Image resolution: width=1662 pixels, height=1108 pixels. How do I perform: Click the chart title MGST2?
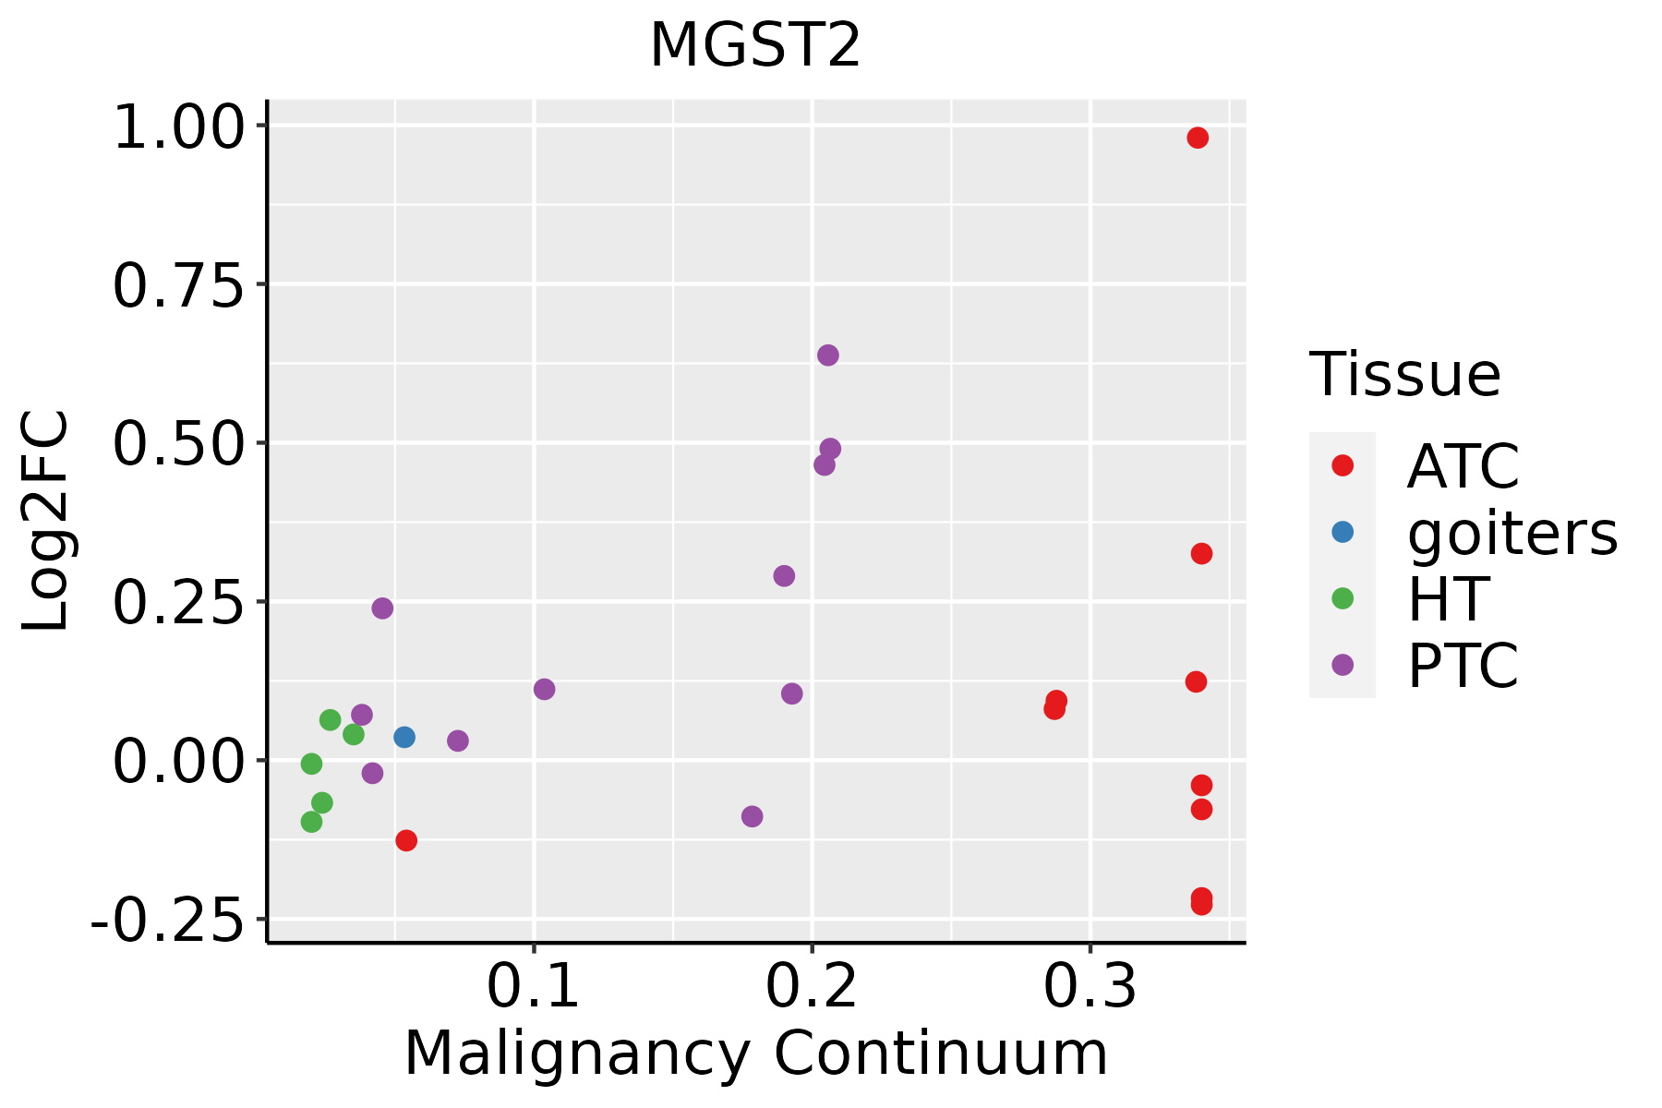click(x=755, y=46)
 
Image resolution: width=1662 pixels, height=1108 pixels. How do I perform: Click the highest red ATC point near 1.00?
click(x=1198, y=138)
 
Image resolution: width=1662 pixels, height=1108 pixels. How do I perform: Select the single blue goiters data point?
click(x=404, y=737)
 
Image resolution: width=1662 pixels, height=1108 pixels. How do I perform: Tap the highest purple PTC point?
click(x=828, y=355)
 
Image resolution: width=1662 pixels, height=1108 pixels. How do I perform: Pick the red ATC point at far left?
click(x=406, y=840)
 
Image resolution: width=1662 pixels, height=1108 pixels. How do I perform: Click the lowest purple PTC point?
click(x=753, y=816)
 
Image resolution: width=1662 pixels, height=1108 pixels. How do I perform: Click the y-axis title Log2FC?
click(x=46, y=522)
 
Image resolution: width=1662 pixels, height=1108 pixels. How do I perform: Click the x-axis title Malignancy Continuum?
click(x=755, y=1054)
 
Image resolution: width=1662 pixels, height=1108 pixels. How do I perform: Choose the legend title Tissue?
click(x=1404, y=375)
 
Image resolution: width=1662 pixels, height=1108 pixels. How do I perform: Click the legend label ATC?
click(x=1463, y=466)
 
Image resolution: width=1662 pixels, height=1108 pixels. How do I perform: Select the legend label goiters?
click(x=1511, y=533)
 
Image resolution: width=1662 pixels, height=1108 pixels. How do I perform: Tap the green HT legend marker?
click(x=1343, y=598)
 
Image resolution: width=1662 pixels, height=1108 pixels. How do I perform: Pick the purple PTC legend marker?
click(x=1343, y=665)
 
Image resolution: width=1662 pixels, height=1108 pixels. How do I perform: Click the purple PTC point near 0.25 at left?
click(x=382, y=608)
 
